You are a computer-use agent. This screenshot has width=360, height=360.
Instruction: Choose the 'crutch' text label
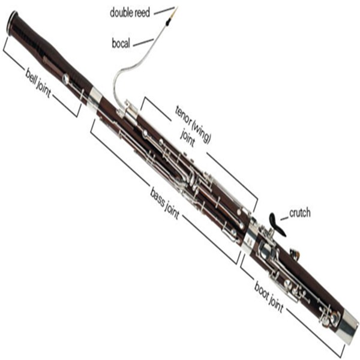pyautogui.click(x=300, y=213)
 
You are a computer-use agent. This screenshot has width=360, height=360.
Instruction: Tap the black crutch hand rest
pyautogui.click(x=274, y=222)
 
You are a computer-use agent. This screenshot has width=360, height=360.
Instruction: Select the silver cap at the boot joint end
pyautogui.click(x=347, y=329)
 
